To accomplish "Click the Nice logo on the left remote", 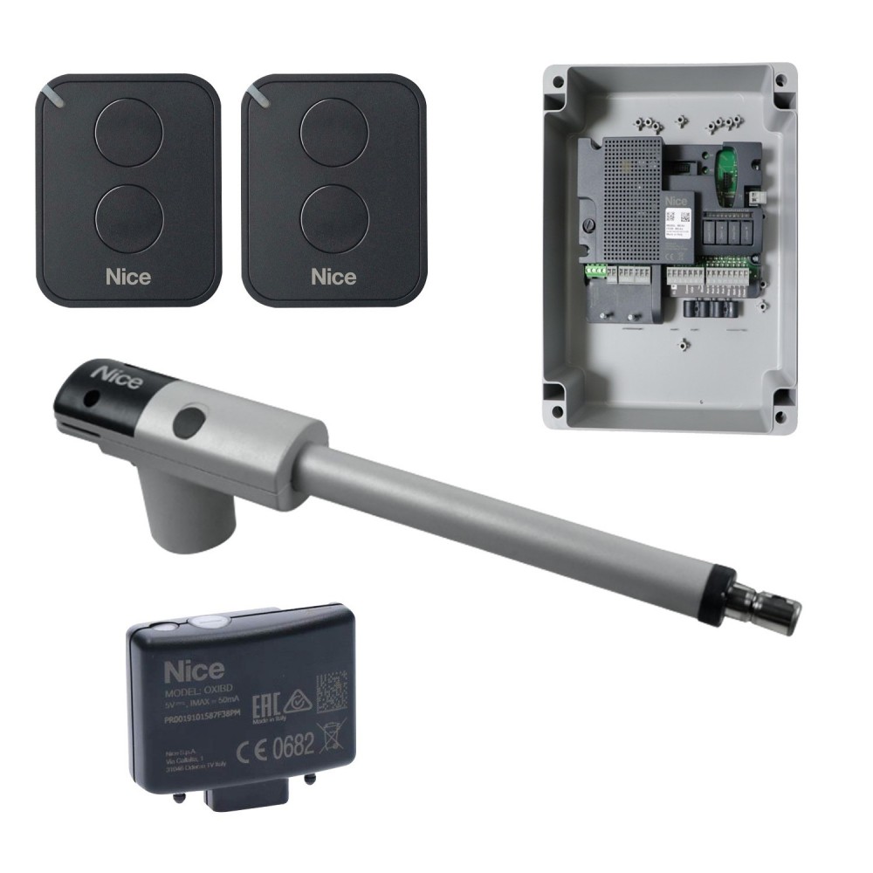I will [128, 277].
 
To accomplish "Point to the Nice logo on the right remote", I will [333, 277].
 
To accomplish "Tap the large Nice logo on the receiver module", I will [195, 670].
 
